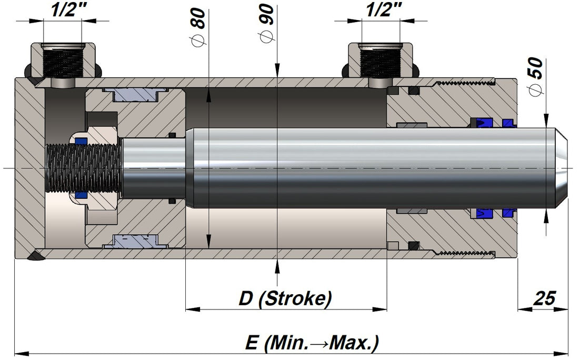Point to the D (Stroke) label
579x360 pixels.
[x=285, y=298]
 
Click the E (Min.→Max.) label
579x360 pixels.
[x=312, y=343]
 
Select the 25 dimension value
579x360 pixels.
[x=544, y=298]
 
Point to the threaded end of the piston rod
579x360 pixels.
[x=84, y=168]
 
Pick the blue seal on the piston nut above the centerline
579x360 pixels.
[x=81, y=141]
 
